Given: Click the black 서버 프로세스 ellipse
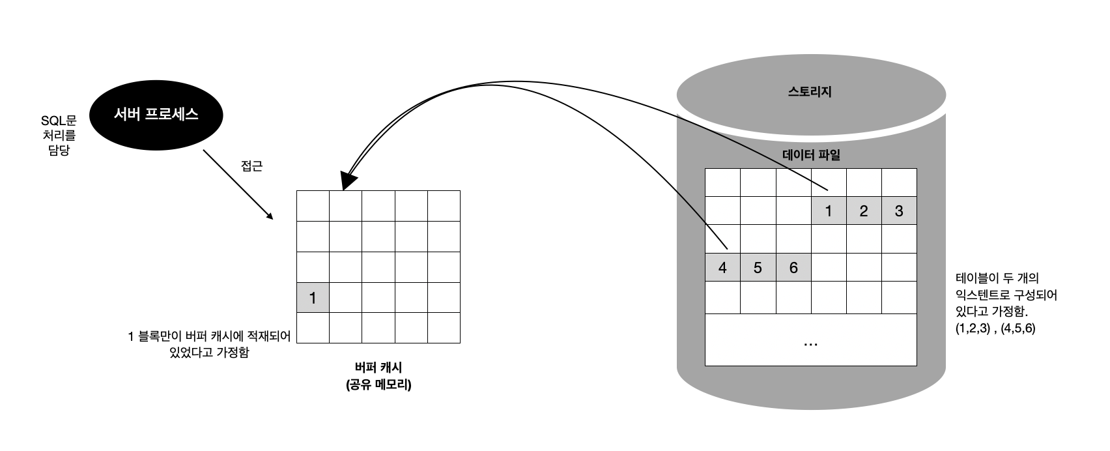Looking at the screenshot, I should click(156, 115).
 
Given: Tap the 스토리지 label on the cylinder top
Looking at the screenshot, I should click(810, 92).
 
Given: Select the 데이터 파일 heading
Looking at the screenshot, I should click(811, 155).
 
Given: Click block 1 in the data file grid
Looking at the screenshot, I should click(829, 211).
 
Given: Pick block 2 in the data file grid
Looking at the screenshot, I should click(864, 211).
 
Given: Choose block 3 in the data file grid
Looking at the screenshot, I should click(899, 211).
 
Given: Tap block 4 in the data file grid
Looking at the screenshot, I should click(722, 268).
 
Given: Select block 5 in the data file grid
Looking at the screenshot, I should click(758, 268).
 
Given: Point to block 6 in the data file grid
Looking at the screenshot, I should click(793, 268).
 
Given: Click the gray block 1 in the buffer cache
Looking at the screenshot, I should click(313, 298).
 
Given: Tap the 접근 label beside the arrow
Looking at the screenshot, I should click(251, 166).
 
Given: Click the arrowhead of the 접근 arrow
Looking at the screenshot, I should click(269, 217).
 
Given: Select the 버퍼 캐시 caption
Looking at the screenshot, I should click(378, 368).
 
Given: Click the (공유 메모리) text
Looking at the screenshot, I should click(378, 385).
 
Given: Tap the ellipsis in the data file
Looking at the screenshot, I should click(811, 343).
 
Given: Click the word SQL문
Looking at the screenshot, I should click(59, 121).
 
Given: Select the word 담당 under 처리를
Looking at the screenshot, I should click(59, 151).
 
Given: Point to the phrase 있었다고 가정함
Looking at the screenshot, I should click(208, 353).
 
